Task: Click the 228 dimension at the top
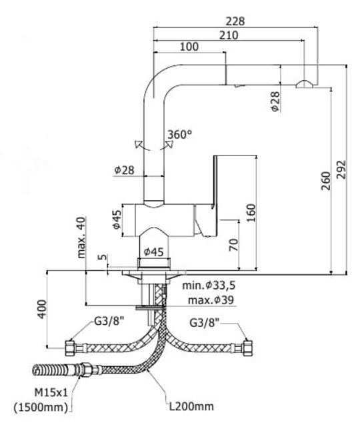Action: pos(235,21)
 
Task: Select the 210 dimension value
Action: pos(229,35)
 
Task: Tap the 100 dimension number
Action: pos(189,47)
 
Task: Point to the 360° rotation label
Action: pos(180,135)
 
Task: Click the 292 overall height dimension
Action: pos(341,169)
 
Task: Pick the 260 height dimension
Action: pos(326,181)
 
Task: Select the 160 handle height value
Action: pos(251,213)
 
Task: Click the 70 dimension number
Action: pos(233,245)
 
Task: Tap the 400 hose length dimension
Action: pos(42,309)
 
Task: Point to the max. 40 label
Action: pos(81,238)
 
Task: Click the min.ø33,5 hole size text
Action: pos(209,286)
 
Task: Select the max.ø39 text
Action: pos(211,300)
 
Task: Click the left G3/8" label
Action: pos(109,321)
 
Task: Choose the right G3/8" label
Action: pos(205,322)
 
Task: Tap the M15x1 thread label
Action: pos(51,392)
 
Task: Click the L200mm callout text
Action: pos(191,406)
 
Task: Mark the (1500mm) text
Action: pos(41,407)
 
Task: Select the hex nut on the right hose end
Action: pos(247,348)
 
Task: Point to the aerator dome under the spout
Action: pos(304,84)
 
